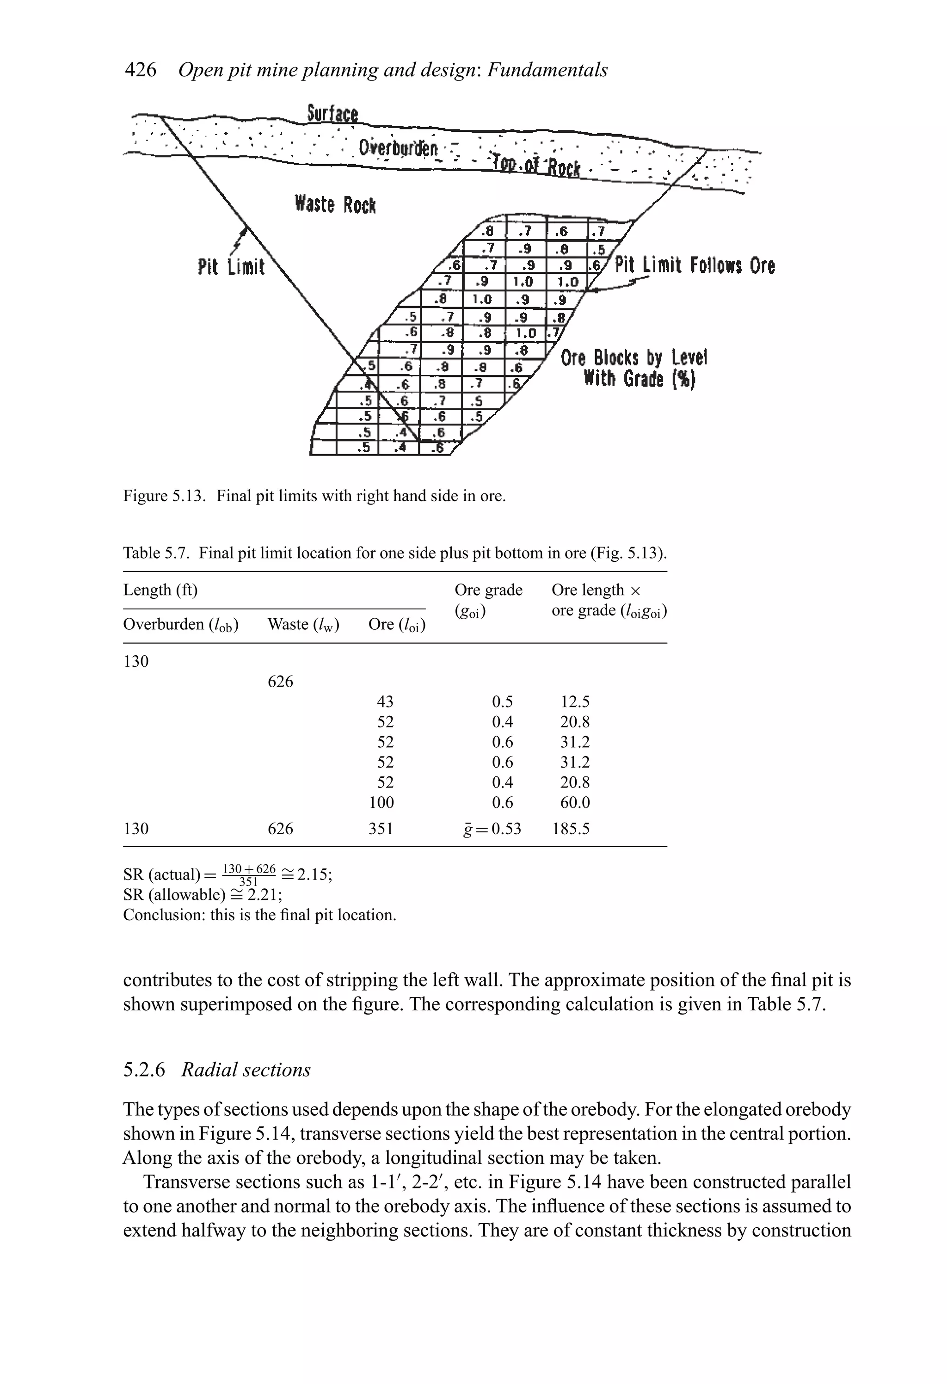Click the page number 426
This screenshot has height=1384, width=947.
[x=140, y=70]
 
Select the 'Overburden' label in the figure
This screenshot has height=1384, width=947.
[x=398, y=148]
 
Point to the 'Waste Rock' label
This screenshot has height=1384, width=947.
[x=335, y=204]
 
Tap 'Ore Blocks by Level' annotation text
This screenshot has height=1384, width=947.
[x=633, y=358]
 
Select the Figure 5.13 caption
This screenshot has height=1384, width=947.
[x=314, y=496]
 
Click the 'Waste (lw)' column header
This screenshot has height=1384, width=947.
[x=303, y=624]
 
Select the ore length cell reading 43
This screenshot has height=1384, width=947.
[x=385, y=701]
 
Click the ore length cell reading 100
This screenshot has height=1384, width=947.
[x=381, y=802]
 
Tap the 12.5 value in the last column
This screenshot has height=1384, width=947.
[x=574, y=701]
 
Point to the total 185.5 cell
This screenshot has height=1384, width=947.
[x=571, y=828]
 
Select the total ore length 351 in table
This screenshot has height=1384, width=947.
[x=381, y=828]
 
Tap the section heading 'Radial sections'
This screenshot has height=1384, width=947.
[x=246, y=1070]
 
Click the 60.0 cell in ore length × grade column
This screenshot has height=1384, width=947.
[x=574, y=802]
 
